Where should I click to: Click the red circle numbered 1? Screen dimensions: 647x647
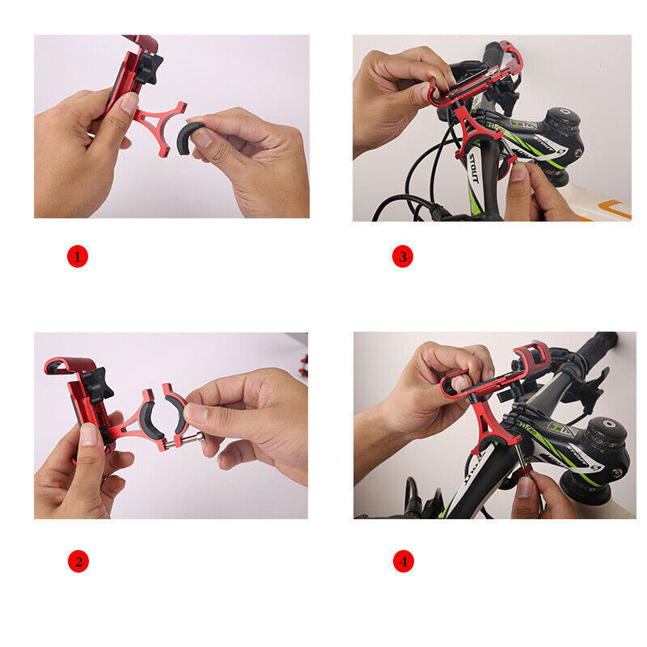77,257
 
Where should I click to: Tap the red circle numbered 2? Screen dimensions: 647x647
77,560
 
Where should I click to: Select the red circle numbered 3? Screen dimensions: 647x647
403,257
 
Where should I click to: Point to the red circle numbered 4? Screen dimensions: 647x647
403,560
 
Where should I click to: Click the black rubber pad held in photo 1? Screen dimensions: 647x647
191,134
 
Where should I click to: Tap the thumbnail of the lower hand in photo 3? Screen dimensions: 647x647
518,172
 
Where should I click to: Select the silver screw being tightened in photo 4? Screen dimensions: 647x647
522,473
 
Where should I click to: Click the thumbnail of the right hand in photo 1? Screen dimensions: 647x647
201,138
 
